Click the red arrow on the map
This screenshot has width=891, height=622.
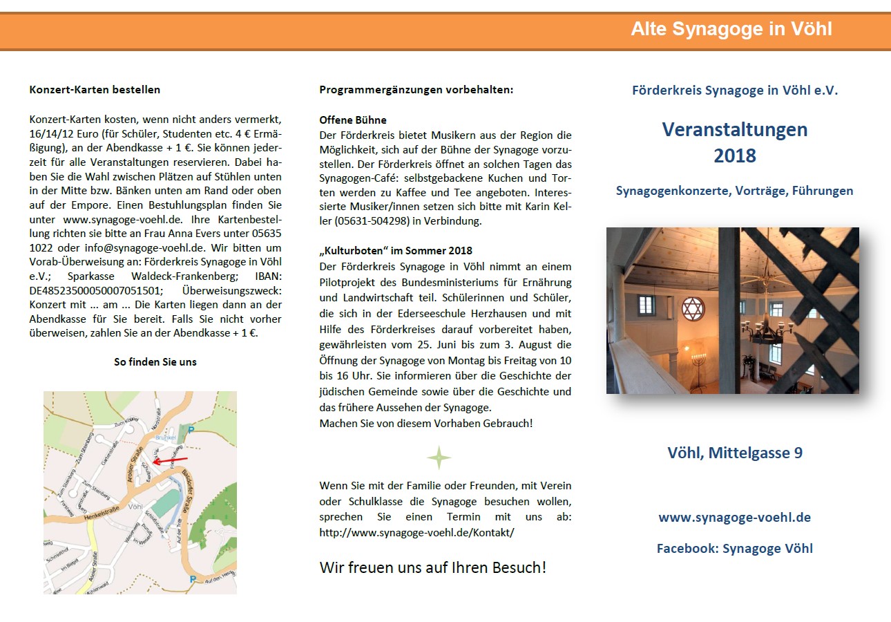(x=169, y=460)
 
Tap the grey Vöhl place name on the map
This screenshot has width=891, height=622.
(x=135, y=506)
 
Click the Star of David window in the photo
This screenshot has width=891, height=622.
(x=691, y=308)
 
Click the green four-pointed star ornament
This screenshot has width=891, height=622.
(x=439, y=458)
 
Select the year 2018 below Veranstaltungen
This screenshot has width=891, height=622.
(x=735, y=156)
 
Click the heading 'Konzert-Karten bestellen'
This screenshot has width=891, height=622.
(x=95, y=90)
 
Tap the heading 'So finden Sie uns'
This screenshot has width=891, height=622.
(x=155, y=361)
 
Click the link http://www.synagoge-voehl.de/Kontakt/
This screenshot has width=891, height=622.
(x=416, y=533)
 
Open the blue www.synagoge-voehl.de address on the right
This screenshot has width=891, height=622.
(x=734, y=517)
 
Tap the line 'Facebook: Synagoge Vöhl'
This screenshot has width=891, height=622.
(x=734, y=549)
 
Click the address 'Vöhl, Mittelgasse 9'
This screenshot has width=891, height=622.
(x=735, y=453)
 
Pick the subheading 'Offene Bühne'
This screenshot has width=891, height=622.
(x=353, y=120)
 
